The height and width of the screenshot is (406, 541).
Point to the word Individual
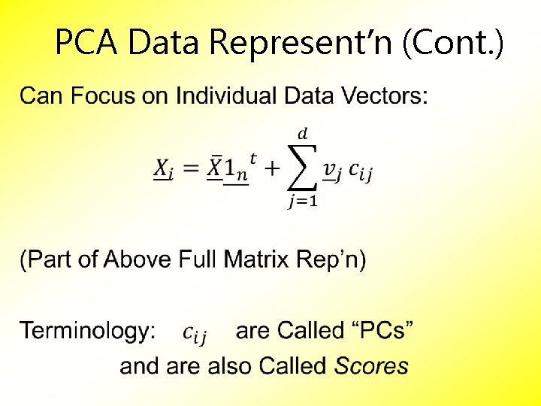pos(220,96)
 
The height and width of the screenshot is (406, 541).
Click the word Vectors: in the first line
pos(385,96)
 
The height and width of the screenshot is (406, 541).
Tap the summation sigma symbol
pos(301,170)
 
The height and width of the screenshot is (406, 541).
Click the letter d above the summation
pos(302,134)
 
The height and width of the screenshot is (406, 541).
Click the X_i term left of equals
pos(164,171)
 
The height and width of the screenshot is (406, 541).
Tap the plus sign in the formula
pos(270,170)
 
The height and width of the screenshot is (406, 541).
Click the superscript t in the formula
pos(252,158)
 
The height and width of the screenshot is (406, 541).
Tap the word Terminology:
pos(88,331)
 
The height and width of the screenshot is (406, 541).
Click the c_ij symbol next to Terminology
pos(195,332)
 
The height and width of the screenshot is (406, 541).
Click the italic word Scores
pos(371,366)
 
